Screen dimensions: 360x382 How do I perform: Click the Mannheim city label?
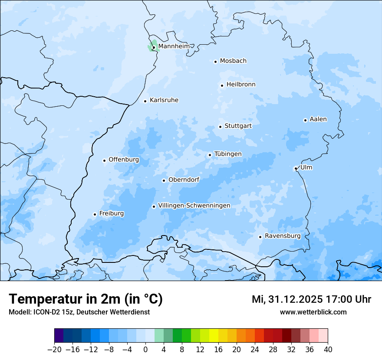pyautogui.click(x=174, y=46)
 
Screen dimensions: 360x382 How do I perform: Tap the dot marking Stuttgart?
pyautogui.click(x=220, y=127)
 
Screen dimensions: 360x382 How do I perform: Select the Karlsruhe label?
pyautogui.click(x=164, y=100)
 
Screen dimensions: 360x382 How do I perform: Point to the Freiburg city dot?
pyautogui.click(x=95, y=214)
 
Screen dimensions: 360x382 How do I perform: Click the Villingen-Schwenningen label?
pyautogui.click(x=194, y=206)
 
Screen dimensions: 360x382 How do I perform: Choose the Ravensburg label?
pyautogui.click(x=283, y=236)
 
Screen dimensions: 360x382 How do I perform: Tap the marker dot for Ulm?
pyautogui.click(x=296, y=168)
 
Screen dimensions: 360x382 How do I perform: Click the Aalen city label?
pyautogui.click(x=318, y=119)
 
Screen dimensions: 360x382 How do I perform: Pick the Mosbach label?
pyautogui.click(x=233, y=61)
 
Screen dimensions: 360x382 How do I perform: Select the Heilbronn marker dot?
pyautogui.click(x=222, y=85)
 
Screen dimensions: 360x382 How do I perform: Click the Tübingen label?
pyautogui.click(x=228, y=154)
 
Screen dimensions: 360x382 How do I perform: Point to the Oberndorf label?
pyautogui.click(x=184, y=180)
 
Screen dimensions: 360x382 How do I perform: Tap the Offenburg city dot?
pyautogui.click(x=104, y=160)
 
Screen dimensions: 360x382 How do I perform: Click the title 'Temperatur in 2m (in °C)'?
pyautogui.click(x=86, y=299)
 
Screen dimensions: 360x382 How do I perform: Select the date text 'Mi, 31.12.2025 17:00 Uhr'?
pyautogui.click(x=311, y=299)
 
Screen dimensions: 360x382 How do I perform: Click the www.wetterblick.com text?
pyautogui.click(x=313, y=312)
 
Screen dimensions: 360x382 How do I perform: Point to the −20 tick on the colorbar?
pyautogui.click(x=55, y=350)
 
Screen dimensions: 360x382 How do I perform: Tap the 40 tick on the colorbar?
pyautogui.click(x=328, y=350)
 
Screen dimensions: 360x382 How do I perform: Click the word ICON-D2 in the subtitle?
pyautogui.click(x=44, y=312)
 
